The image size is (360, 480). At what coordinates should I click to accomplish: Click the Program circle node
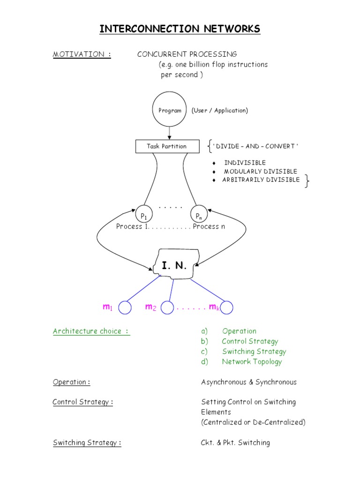point(170,111)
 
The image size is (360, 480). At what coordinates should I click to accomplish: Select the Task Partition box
point(166,146)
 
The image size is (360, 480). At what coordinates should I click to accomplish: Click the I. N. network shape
point(174,266)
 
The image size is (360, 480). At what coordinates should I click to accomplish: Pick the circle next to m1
point(125,307)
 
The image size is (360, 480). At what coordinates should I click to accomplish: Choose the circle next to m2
point(167,307)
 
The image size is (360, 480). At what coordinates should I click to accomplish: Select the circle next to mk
point(227,307)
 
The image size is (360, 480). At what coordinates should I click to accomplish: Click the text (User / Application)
point(219,111)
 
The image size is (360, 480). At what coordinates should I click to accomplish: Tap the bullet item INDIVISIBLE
point(245,163)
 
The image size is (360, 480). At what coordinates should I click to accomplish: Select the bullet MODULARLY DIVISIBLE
point(260,172)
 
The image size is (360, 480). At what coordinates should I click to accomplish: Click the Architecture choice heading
point(91,331)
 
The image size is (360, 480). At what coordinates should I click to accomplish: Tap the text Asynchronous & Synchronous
point(248,382)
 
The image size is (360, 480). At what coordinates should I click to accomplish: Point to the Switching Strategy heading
point(87,442)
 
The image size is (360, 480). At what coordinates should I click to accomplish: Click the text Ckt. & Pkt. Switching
point(235,442)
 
